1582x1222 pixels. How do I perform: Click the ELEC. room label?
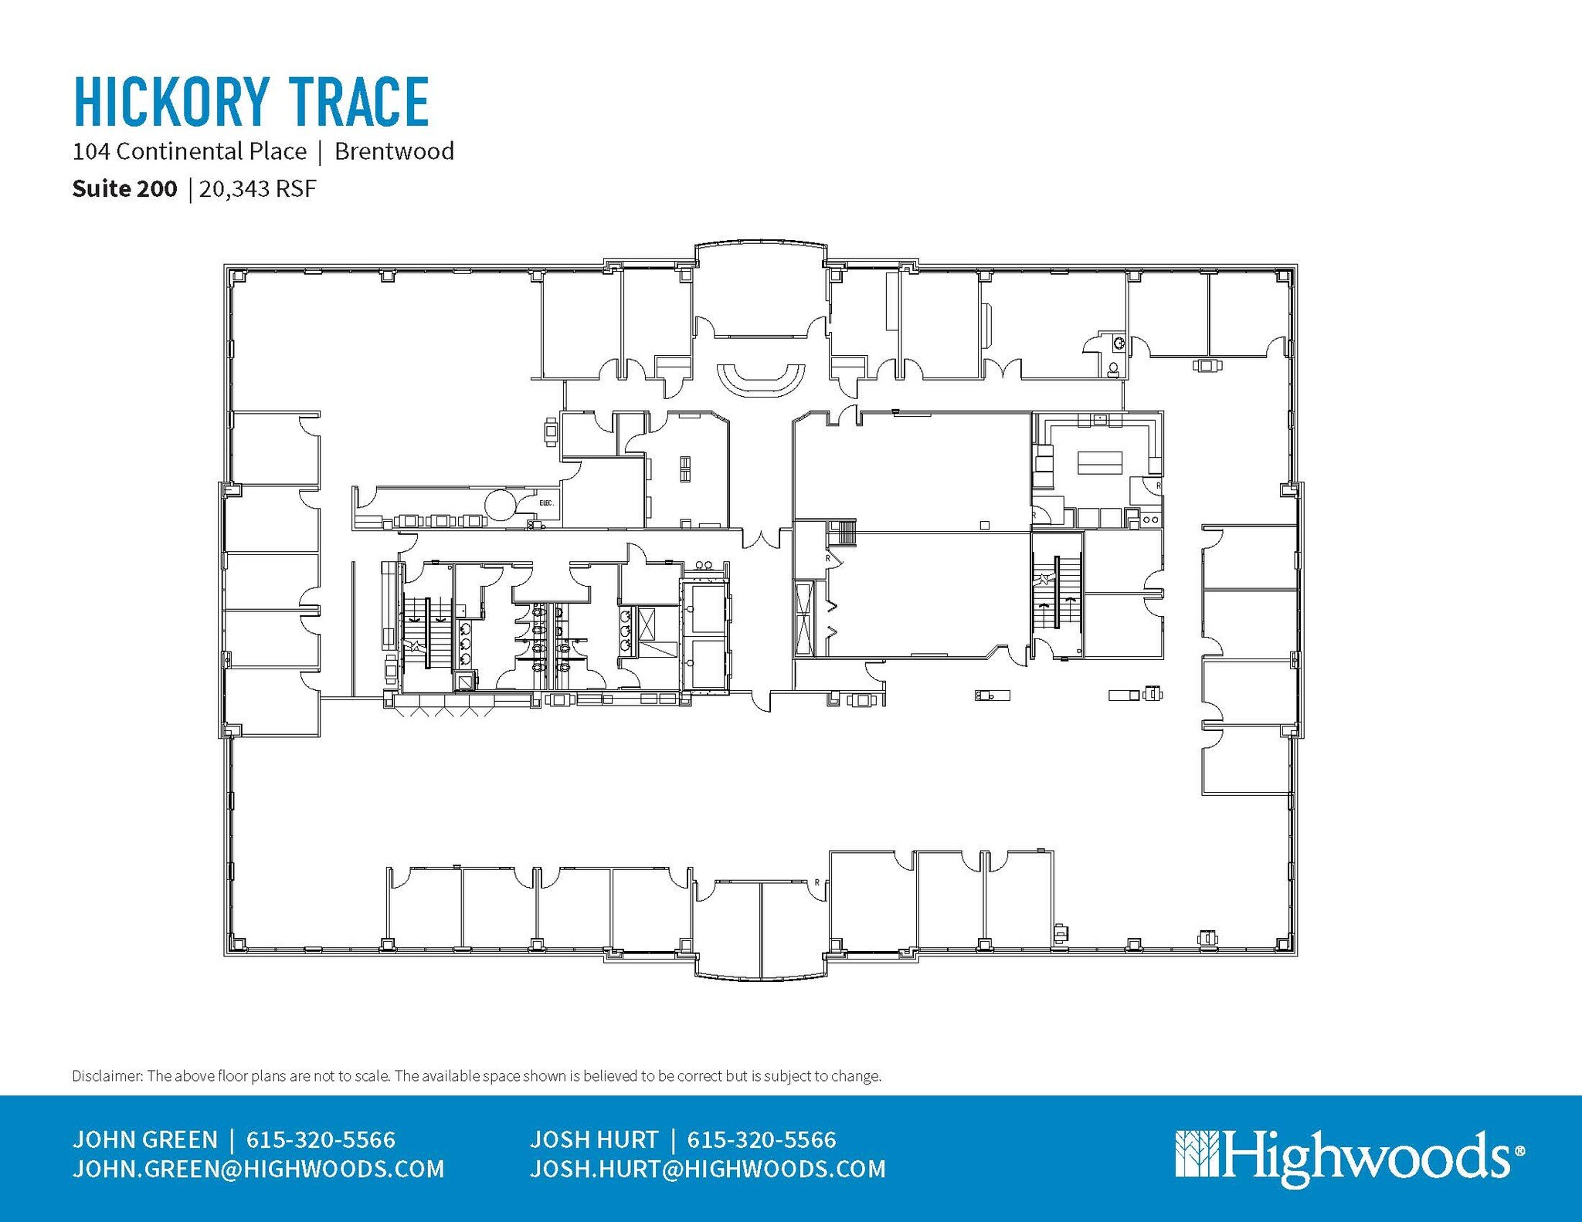[546, 503]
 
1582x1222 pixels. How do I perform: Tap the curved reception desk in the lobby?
[761, 381]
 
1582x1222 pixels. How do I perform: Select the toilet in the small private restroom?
[1113, 369]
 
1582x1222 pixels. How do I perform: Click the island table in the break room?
[1099, 463]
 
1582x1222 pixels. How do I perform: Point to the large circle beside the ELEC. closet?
[500, 505]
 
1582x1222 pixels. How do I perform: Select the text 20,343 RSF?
[258, 189]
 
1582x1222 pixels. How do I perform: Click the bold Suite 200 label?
[124, 189]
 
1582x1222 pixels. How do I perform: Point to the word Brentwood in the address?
[394, 151]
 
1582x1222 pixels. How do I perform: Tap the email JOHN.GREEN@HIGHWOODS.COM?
[258, 1170]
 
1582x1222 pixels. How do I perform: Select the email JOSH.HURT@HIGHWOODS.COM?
[708, 1170]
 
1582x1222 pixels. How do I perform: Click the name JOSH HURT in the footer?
[593, 1139]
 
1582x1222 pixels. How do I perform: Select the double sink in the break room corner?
[1150, 520]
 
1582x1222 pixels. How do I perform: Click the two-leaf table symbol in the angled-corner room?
[685, 469]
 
